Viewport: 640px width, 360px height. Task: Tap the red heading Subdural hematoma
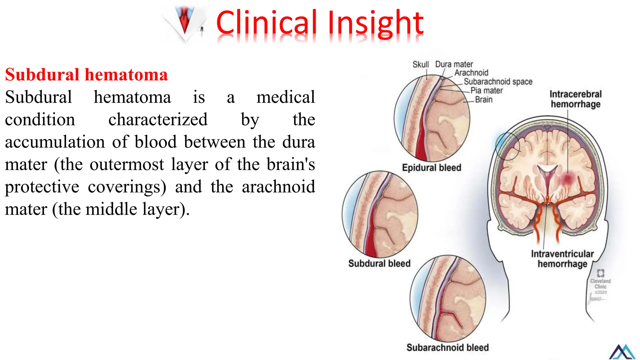pos(86,75)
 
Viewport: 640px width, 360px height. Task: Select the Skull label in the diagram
pos(420,65)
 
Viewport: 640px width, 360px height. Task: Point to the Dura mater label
pos(454,64)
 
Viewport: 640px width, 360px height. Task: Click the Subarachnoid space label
pos(498,82)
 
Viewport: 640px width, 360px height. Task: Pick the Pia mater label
pos(487,91)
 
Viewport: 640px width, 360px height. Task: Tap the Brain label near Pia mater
pos(483,100)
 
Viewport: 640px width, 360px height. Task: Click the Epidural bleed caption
pos(432,168)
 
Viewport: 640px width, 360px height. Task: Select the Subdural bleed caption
pos(379,263)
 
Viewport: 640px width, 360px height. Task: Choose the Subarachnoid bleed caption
pos(447,347)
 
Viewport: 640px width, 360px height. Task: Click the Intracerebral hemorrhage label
pos(575,99)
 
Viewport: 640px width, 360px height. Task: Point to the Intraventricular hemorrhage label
pos(562,259)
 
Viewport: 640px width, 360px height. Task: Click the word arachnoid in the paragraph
pos(278,187)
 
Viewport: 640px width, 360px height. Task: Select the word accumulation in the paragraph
pos(55,142)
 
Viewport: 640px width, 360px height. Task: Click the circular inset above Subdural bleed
pos(380,214)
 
